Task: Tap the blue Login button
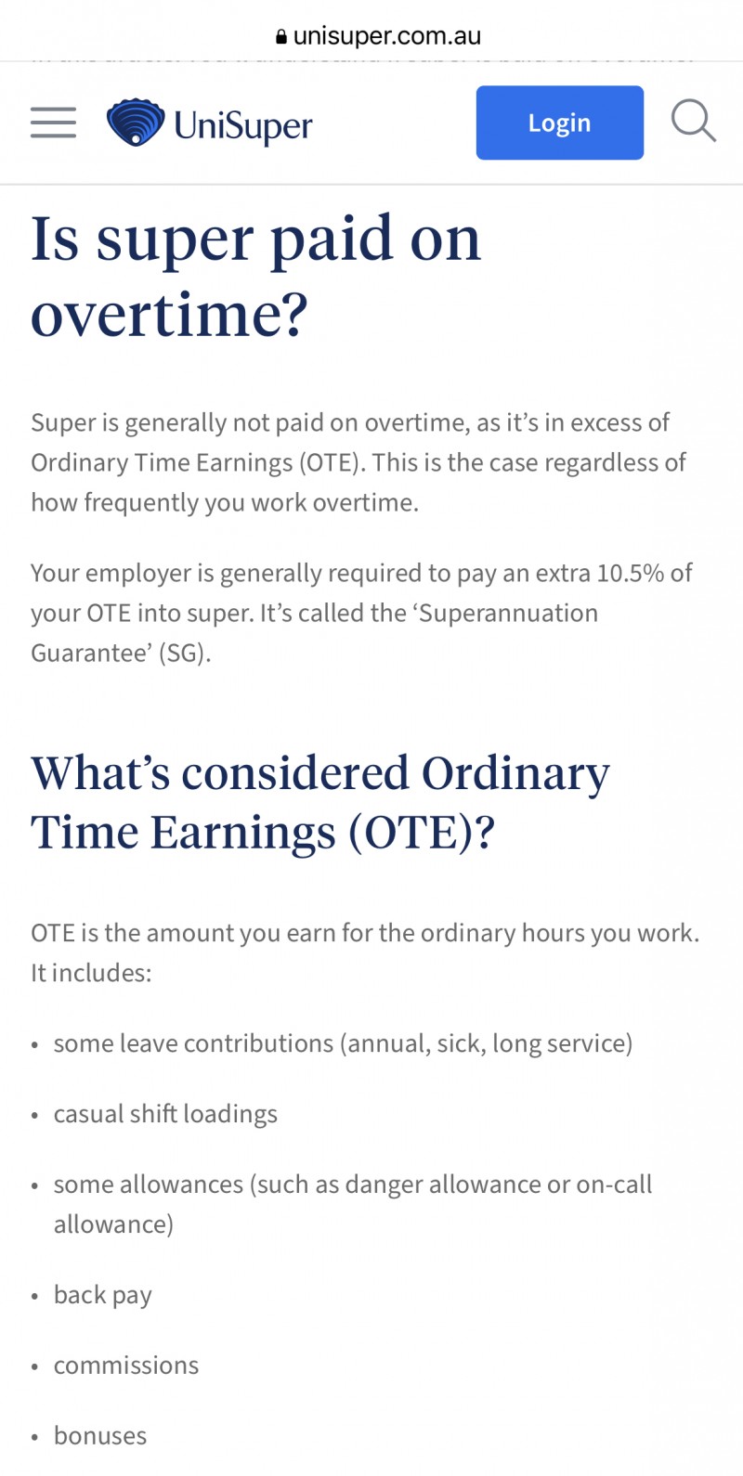(560, 123)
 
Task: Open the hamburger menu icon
(53, 123)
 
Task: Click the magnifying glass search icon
(694, 122)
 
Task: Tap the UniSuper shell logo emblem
(136, 123)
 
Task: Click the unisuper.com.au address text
(387, 35)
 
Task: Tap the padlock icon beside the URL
(281, 36)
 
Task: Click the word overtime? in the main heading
(169, 315)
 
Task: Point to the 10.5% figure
(631, 574)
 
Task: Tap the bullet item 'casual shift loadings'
(165, 1114)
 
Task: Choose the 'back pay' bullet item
(103, 1296)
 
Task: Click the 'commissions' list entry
(126, 1366)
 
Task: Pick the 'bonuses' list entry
(100, 1436)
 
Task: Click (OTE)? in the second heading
(422, 833)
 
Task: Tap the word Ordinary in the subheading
(515, 773)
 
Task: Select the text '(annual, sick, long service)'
(487, 1043)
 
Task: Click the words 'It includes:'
(91, 973)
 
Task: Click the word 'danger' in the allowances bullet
(384, 1185)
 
